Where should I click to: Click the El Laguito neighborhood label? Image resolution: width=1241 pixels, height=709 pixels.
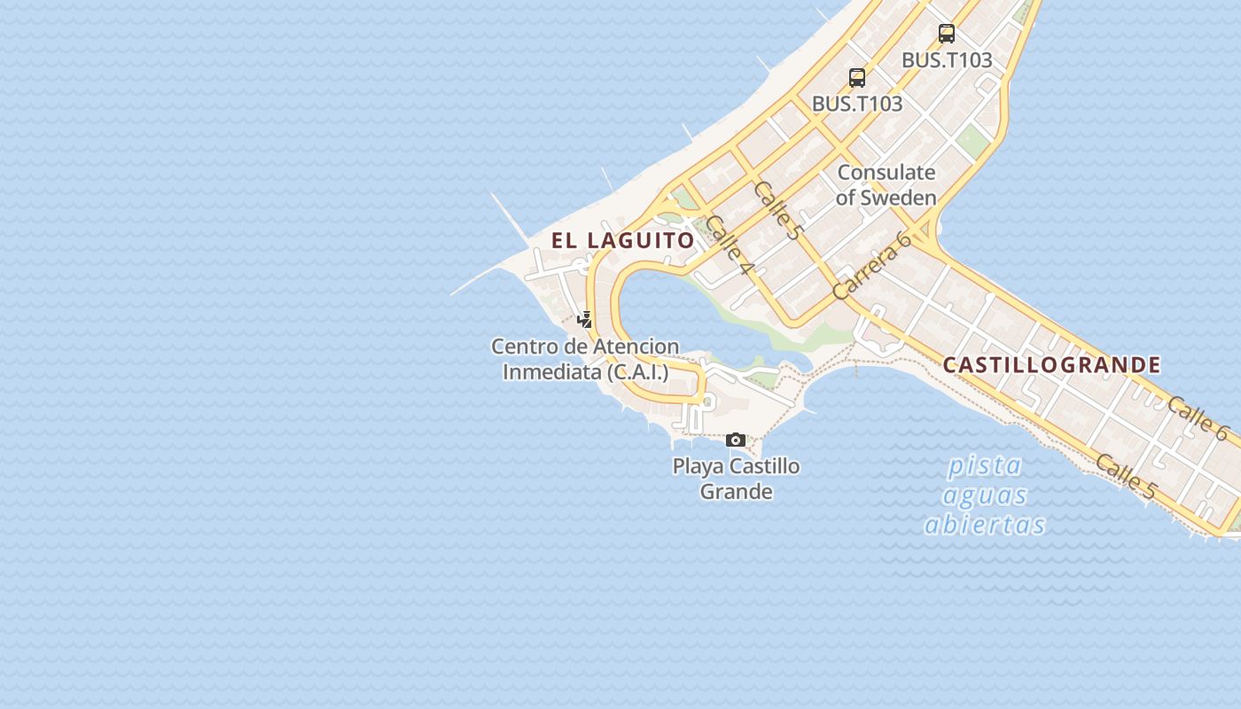pos(622,240)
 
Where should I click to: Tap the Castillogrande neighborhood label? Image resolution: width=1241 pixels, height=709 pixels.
pos(1051,365)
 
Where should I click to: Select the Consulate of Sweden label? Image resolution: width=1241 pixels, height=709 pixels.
pos(886,185)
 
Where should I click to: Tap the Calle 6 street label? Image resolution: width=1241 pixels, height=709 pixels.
pos(1198,418)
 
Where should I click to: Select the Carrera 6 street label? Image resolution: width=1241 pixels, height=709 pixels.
pos(873,266)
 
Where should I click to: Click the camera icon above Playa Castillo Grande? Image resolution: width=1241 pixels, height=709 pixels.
pos(735,440)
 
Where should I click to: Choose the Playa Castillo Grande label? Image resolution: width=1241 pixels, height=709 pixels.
pos(736,479)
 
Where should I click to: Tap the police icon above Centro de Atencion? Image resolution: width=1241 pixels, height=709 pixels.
pos(584,319)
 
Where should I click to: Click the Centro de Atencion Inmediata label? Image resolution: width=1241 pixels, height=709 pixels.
pos(585,359)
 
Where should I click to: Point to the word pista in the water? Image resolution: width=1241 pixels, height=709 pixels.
pos(984,465)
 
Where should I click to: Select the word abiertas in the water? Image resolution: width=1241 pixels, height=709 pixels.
pos(984,525)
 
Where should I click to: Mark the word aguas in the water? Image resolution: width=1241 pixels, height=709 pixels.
pos(985,495)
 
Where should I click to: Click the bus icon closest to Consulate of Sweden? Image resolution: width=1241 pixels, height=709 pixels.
pos(856,77)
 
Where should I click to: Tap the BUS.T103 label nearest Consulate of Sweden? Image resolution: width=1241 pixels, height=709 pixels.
pos(856,104)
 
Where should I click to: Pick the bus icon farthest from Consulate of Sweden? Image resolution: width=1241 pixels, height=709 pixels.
pos(946,34)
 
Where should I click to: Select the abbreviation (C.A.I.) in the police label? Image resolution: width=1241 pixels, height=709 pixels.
pos(637,372)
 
